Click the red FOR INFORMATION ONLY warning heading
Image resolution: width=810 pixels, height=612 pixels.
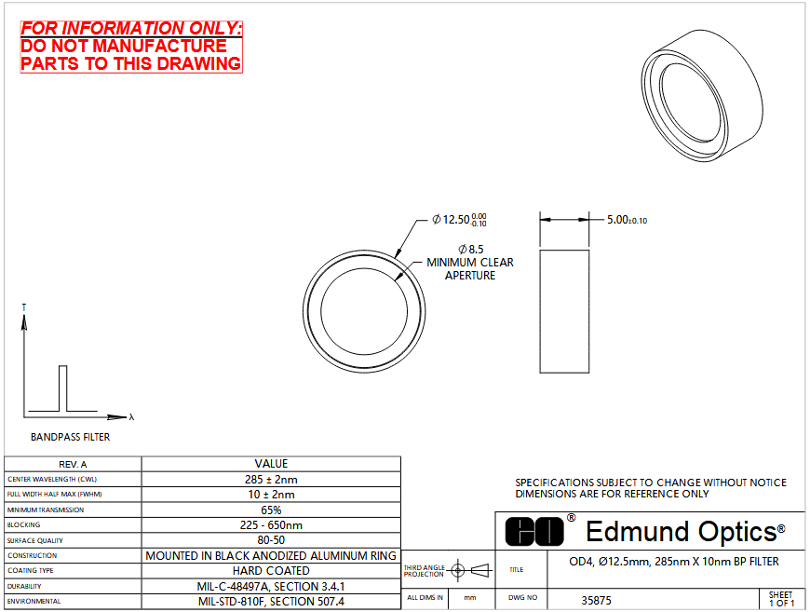(131, 29)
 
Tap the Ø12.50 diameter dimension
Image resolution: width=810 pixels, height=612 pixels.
(459, 220)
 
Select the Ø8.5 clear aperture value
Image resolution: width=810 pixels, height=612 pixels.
(470, 249)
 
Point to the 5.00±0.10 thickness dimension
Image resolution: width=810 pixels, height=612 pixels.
(627, 220)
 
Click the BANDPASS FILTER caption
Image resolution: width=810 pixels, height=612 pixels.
(70, 437)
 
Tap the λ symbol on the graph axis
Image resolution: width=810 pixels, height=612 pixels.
(131, 416)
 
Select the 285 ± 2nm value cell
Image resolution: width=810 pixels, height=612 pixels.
(271, 479)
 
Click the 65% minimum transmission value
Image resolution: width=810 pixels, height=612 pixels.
(271, 510)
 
